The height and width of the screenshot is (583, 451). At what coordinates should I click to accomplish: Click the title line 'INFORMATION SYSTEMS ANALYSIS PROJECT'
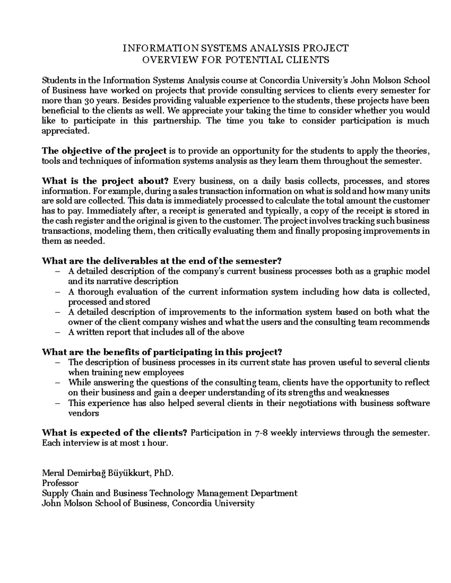coord(236,48)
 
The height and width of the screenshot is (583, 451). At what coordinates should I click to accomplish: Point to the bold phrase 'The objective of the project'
coord(104,151)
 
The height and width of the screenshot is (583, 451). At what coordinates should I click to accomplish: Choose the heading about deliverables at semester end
coord(162,261)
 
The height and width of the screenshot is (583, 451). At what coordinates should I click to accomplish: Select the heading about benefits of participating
coord(162,352)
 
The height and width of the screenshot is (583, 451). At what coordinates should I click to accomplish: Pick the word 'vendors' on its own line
coord(83,413)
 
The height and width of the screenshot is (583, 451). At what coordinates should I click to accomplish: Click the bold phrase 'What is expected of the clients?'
coord(115,433)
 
